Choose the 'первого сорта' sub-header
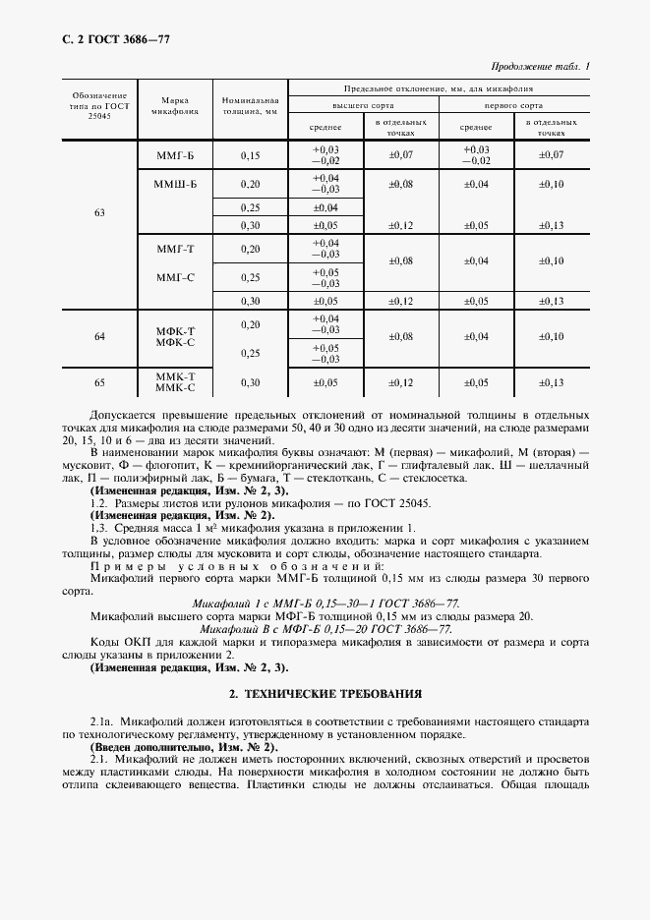click(x=513, y=104)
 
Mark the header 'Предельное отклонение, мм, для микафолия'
click(x=439, y=88)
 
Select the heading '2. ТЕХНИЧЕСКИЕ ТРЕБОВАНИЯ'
click(x=325, y=693)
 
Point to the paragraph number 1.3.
click(x=99, y=528)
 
